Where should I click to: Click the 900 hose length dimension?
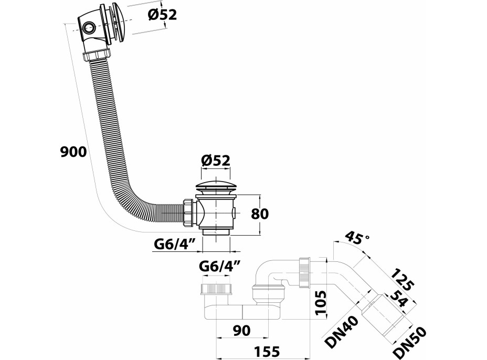point(72,152)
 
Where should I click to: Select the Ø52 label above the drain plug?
point(216,161)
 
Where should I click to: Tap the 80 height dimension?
point(260,214)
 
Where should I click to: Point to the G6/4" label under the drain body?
point(175,243)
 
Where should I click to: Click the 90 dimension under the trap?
point(241,331)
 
